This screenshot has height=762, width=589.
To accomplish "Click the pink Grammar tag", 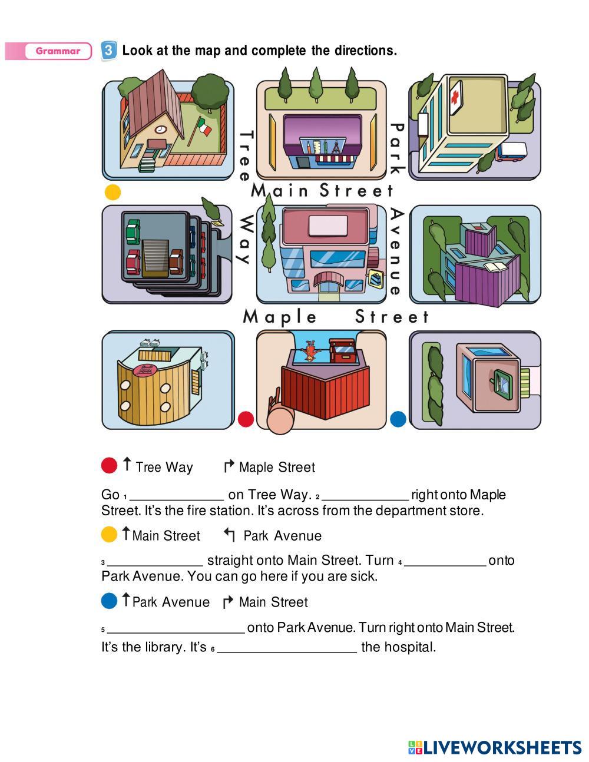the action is (58, 51).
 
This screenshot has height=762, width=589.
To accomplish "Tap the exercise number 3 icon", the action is (109, 51).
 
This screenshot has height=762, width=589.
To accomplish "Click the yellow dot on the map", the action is (112, 193).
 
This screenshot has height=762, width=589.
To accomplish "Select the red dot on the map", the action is (246, 419).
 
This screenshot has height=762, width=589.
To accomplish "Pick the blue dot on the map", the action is (398, 419).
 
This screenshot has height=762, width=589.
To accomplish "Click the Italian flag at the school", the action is (203, 127).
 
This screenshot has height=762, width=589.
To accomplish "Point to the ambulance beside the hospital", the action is (510, 152).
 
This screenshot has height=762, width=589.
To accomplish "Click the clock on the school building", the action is (160, 130).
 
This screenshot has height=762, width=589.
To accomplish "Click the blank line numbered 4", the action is (445, 562).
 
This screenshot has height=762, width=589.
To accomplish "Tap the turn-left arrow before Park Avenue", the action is (229, 535).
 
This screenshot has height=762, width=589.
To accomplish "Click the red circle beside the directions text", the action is (110, 466).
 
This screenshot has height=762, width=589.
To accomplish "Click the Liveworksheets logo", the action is (495, 747).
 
